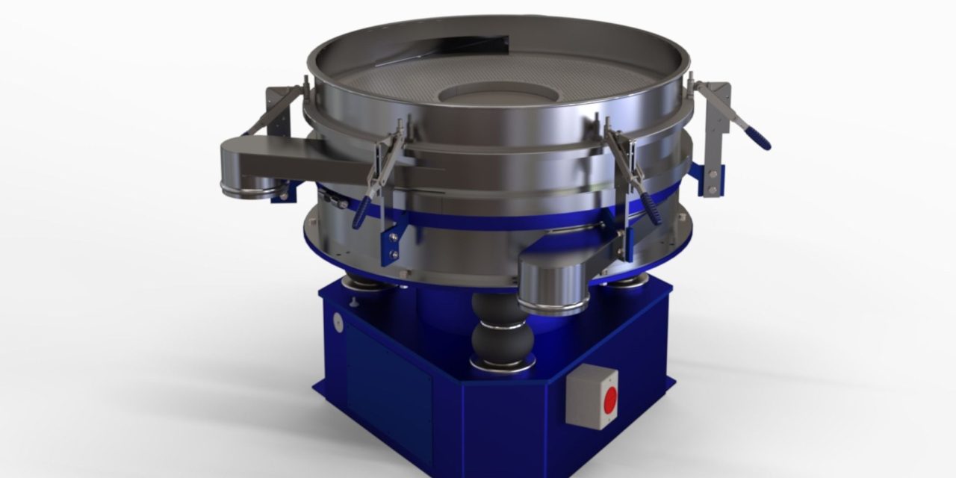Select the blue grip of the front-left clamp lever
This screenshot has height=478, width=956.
[361, 214]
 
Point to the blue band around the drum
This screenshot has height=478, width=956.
[478, 221]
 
